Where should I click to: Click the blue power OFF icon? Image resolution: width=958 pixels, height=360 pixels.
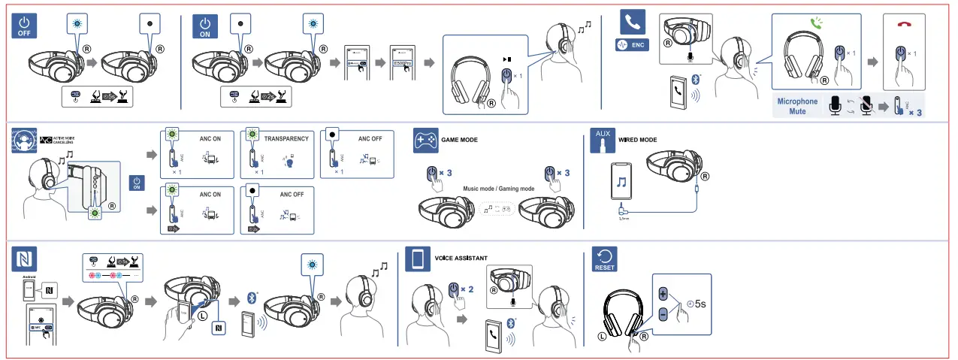pos(26,26)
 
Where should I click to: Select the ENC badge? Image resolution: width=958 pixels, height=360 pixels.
pos(632,45)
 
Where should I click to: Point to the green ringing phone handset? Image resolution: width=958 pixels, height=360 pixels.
pos(815,23)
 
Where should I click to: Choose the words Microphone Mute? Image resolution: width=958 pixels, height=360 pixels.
pos(797,106)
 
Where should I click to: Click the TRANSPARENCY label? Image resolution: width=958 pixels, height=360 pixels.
pos(286,139)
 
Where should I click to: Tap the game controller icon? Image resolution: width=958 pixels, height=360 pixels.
pos(426,141)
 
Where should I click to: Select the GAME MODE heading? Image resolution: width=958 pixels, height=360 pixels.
pos(460,140)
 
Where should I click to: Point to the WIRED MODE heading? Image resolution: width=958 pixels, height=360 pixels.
pos(637,140)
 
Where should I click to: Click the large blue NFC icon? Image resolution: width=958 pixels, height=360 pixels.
pos(25,259)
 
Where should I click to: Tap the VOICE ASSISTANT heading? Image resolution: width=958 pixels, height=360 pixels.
pos(461,258)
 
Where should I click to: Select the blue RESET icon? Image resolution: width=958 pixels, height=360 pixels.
pos(604,259)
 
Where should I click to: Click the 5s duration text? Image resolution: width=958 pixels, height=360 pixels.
pos(698,304)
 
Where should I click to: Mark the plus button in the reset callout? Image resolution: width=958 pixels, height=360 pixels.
pos(663,293)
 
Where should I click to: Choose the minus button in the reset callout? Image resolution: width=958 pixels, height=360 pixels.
pos(663,314)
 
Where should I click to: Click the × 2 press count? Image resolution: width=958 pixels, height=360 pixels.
pos(467,289)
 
